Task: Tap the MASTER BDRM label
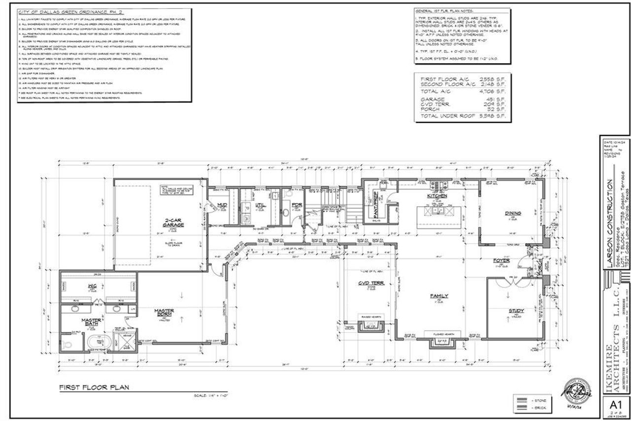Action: point(164,313)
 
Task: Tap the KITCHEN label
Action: point(437,196)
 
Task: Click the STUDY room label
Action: point(516,310)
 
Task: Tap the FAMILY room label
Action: point(439,296)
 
